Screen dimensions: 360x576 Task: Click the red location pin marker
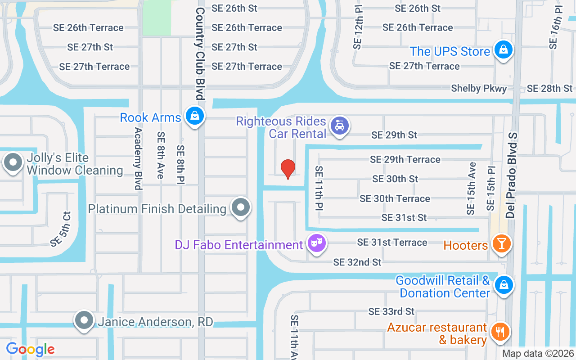(288, 169)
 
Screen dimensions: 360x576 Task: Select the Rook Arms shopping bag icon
(194, 116)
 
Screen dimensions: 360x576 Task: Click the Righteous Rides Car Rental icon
(340, 126)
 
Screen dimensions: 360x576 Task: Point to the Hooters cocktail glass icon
(500, 243)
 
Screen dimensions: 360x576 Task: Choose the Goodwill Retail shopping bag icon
(504, 285)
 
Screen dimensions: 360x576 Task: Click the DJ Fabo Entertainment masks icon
(317, 243)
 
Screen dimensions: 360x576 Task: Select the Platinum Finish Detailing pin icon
(241, 207)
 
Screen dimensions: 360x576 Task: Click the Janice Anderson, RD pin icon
(84, 320)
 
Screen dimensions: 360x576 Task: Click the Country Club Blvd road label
(200, 53)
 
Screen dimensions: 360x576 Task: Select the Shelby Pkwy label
(479, 89)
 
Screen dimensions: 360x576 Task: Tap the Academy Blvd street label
(138, 158)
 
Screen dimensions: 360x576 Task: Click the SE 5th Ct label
(61, 229)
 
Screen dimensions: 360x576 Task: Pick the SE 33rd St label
(391, 311)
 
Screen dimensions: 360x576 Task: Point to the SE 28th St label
(549, 89)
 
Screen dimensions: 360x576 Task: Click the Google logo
(30, 349)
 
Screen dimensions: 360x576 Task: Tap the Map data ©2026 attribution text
(538, 354)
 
